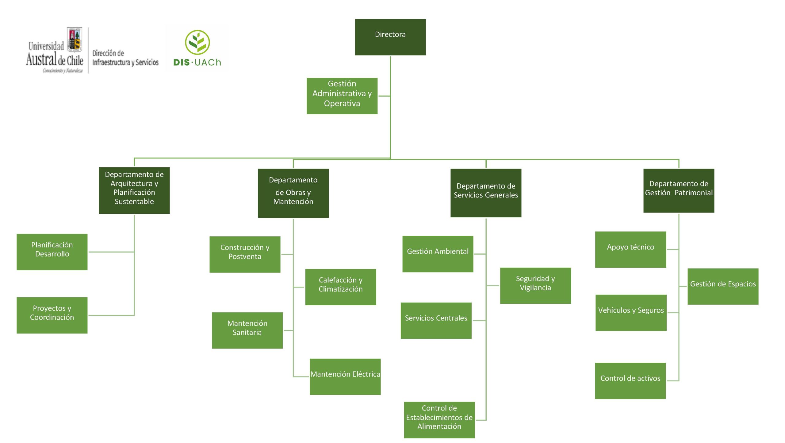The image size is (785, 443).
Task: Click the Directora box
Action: point(390,37)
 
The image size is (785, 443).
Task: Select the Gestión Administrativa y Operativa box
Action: point(342,96)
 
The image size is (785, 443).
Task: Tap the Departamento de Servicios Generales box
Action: point(486,193)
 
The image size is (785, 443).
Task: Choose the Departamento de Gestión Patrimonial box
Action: point(679,190)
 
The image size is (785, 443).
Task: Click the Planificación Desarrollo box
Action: point(52,252)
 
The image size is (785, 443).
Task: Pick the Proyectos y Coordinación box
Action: point(52,315)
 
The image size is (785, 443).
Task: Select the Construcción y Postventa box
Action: point(245,254)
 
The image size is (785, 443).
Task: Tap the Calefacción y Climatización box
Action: point(340,287)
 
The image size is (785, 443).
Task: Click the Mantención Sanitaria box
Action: point(247,330)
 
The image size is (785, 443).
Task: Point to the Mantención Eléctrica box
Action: point(345,376)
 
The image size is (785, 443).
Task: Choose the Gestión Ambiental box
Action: point(438,254)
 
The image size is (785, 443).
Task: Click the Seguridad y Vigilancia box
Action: point(535,285)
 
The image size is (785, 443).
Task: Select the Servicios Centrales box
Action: point(436,320)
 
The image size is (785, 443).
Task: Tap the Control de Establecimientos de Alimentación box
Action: point(439,419)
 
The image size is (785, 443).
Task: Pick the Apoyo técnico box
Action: point(630,249)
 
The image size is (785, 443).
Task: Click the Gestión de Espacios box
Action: point(723,286)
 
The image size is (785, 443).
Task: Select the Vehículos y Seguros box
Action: point(631,312)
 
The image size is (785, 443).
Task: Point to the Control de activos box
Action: point(630,380)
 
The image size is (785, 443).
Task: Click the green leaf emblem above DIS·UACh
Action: point(197,43)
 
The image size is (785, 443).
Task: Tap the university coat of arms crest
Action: point(75,39)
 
